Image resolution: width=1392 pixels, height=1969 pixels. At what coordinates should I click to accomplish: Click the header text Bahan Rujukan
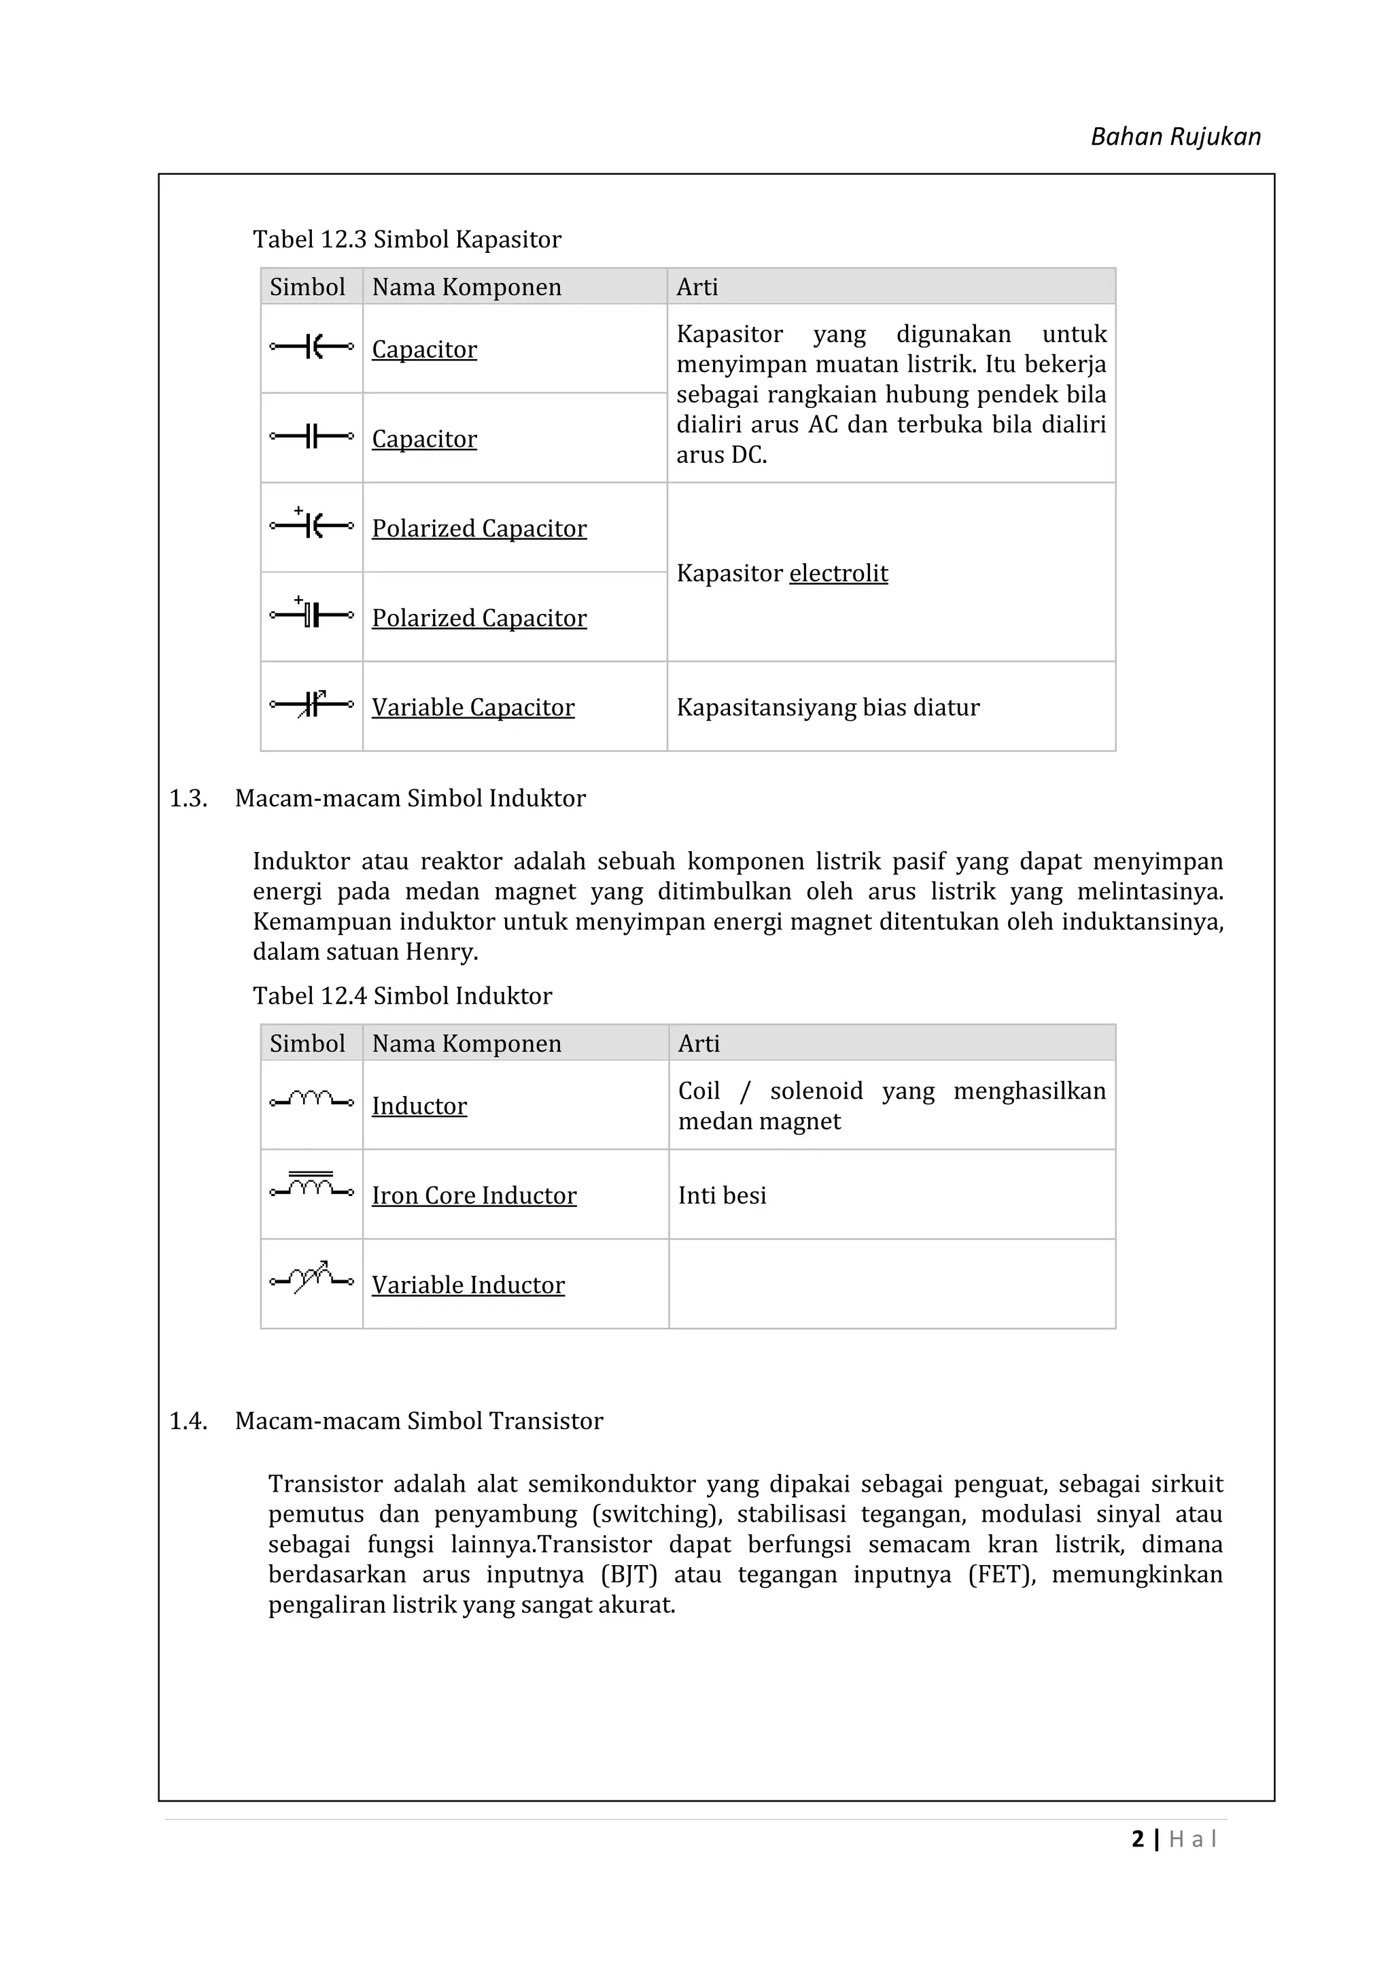1174,137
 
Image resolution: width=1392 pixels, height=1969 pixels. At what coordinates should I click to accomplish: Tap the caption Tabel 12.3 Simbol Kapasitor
406,239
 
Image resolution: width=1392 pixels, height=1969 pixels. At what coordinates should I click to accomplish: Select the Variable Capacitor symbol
311,705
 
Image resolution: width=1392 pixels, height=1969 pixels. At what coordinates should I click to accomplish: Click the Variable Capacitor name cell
472,708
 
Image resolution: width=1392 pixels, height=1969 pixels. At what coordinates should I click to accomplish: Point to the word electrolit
837,573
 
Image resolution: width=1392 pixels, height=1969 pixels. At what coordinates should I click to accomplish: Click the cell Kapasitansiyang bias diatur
827,708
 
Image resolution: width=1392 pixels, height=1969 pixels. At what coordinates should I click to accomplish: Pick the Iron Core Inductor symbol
311,1185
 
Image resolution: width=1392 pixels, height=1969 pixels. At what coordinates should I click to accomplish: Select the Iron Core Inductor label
473,1195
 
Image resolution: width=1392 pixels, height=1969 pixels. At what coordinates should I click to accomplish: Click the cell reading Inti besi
722,1195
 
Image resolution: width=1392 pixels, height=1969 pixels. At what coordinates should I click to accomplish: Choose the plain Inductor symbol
311,1099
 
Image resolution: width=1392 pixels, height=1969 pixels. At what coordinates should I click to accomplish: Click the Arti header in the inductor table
699,1044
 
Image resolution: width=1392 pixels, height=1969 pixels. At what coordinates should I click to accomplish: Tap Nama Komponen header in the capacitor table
466,288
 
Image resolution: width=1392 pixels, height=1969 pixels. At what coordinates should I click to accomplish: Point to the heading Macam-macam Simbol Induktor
410,798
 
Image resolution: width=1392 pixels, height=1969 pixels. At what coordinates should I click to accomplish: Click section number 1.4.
188,1421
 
